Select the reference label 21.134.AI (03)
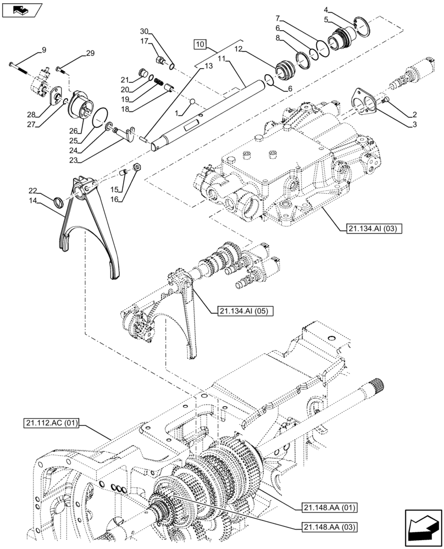click(374, 228)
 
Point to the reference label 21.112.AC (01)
click(52, 423)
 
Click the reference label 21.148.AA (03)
click(329, 527)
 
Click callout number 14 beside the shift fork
click(34, 201)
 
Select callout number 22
click(34, 191)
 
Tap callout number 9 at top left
click(43, 52)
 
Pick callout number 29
click(90, 53)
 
